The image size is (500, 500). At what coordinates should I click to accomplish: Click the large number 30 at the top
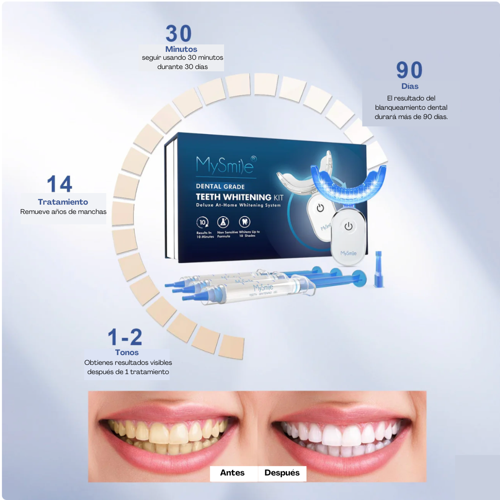(x=179, y=34)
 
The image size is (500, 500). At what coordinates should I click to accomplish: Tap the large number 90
(x=409, y=70)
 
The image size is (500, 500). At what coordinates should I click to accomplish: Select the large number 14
(x=60, y=184)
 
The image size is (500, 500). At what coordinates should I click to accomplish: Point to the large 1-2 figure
(x=125, y=337)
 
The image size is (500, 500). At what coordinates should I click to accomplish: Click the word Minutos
(x=181, y=49)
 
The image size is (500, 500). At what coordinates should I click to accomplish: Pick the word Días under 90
(x=410, y=86)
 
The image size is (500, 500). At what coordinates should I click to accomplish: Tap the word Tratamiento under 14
(x=63, y=202)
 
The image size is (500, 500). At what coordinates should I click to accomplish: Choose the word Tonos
(x=127, y=352)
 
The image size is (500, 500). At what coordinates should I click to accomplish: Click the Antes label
(x=232, y=473)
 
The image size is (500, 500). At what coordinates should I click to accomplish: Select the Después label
(x=282, y=473)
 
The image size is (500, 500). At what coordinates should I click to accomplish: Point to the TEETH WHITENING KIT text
(x=239, y=197)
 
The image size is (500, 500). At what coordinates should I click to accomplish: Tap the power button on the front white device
(x=349, y=226)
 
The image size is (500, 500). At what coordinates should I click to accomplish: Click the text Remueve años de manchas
(x=63, y=212)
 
